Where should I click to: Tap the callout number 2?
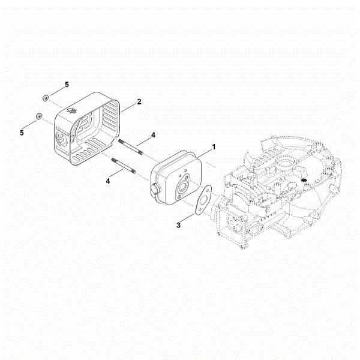pyautogui.click(x=139, y=102)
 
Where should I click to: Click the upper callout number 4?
pyautogui.click(x=153, y=136)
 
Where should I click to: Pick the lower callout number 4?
pyautogui.click(x=109, y=180)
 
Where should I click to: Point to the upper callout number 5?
pyautogui.click(x=67, y=85)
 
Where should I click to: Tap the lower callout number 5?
pyautogui.click(x=22, y=132)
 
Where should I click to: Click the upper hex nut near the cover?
pyautogui.click(x=46, y=97)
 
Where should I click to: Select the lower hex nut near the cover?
pyautogui.click(x=40, y=116)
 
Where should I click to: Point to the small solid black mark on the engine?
pyautogui.click(x=304, y=181)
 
